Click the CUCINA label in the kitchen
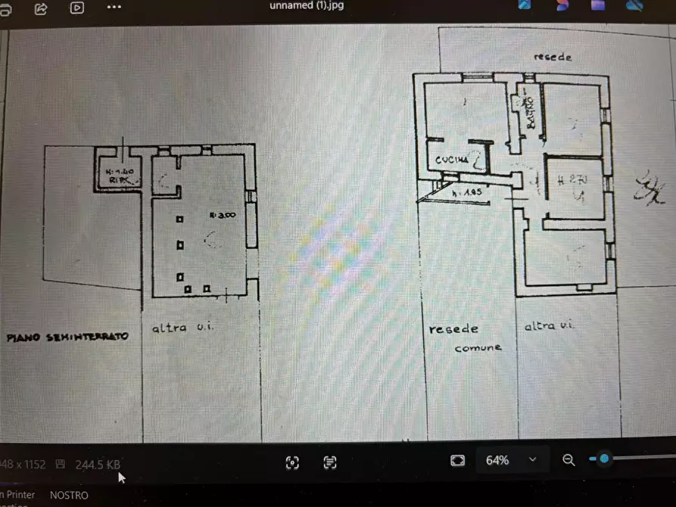pos(450,160)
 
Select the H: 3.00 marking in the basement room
pos(225,215)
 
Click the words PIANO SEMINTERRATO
pos(67,336)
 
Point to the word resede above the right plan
pos(553,57)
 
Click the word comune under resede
pos(478,348)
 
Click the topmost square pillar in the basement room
pos(180,219)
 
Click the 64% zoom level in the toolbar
pos(497,460)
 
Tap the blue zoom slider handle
pos(603,459)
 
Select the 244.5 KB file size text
pos(97,464)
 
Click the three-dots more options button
pos(114,7)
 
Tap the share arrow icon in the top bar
pos(42,8)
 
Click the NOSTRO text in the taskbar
pos(69,495)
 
